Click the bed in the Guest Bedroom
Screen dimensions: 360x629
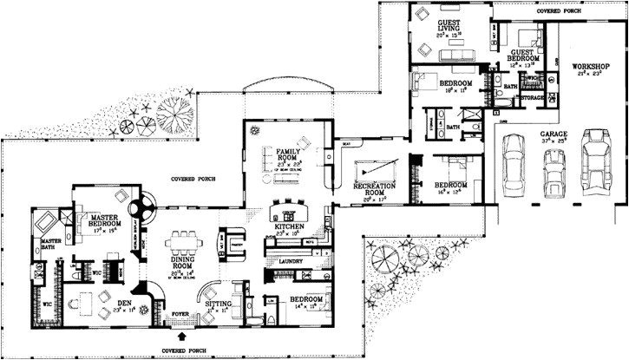coord(528,37)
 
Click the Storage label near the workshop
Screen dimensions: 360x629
coord(532,99)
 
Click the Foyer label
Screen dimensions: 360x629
coord(181,317)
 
